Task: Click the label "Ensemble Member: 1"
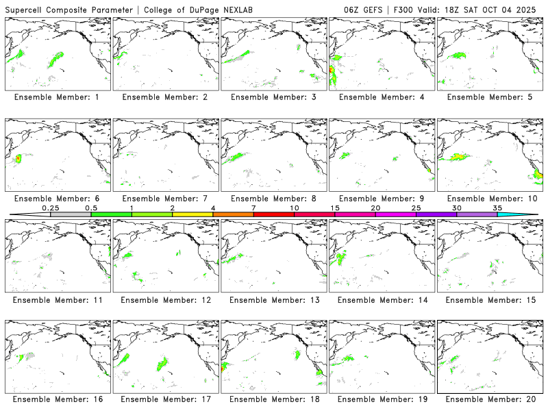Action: (x=57, y=97)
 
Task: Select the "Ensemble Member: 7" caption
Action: (x=164, y=199)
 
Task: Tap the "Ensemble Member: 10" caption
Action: (x=490, y=199)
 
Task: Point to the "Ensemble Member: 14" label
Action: (x=382, y=300)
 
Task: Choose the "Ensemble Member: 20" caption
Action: (x=490, y=399)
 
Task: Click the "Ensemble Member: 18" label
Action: (x=273, y=399)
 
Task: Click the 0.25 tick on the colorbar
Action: (x=51, y=208)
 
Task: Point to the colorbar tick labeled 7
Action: (x=253, y=208)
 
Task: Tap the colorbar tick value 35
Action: (x=497, y=208)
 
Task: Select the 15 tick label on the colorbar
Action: (x=334, y=208)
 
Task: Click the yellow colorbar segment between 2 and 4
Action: (x=192, y=214)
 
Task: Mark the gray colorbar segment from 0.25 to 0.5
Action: (x=71, y=214)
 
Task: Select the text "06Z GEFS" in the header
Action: (x=364, y=9)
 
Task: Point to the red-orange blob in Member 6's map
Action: (x=18, y=159)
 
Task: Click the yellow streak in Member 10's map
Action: (x=456, y=157)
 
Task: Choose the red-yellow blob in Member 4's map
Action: (x=332, y=71)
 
